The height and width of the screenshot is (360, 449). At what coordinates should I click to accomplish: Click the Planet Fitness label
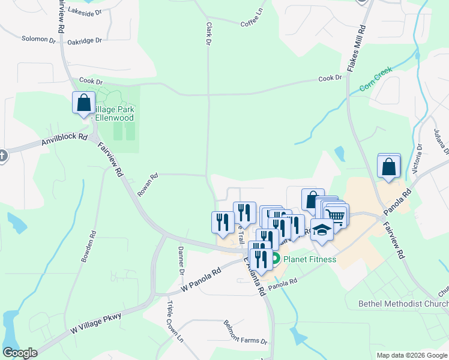coord(309,260)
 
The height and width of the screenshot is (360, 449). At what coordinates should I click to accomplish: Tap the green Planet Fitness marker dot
coord(275,260)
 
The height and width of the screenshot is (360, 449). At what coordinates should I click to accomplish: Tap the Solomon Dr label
coord(38,39)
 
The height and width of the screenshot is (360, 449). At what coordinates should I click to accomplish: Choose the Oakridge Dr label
coord(85,41)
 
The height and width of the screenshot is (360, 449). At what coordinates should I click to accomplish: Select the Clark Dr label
coord(208,34)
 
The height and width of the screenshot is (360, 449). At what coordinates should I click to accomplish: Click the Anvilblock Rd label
coord(64,140)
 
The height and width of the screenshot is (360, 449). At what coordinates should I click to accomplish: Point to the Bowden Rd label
coord(88,247)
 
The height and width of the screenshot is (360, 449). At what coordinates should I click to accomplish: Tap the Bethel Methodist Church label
coord(403,304)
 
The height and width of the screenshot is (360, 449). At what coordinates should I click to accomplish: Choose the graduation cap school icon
coord(322,230)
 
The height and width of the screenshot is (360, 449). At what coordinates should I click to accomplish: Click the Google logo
coord(20,353)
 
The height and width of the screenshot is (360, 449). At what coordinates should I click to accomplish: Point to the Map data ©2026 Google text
coord(412,355)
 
